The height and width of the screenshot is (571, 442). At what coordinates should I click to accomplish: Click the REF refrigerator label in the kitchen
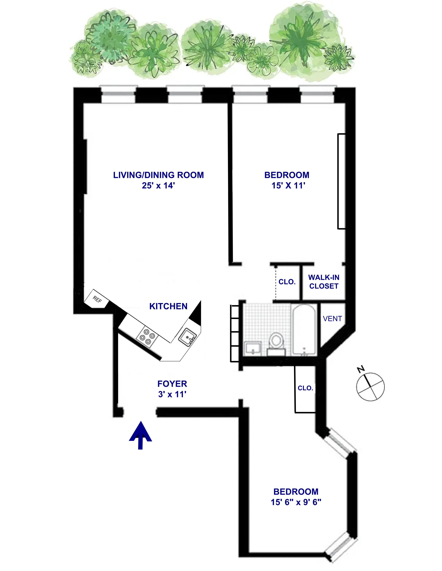pos(97,300)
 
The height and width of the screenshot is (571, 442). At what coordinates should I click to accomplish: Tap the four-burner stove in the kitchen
pos(147,337)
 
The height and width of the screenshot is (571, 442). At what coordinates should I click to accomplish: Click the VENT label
pos(332,319)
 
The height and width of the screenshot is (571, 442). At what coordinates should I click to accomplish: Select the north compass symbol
pos(370,387)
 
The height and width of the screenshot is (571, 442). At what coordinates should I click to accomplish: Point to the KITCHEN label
pos(168,306)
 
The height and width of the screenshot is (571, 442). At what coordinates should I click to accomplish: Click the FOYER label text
pos(172,384)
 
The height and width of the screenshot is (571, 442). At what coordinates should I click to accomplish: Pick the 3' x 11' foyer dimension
pos(172,394)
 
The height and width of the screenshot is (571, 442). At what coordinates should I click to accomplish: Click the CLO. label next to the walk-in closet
pos(287,282)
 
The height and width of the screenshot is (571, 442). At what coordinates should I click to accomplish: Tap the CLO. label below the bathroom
pos(305,388)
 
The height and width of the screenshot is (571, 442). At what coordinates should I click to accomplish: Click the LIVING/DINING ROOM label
pos(158,175)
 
